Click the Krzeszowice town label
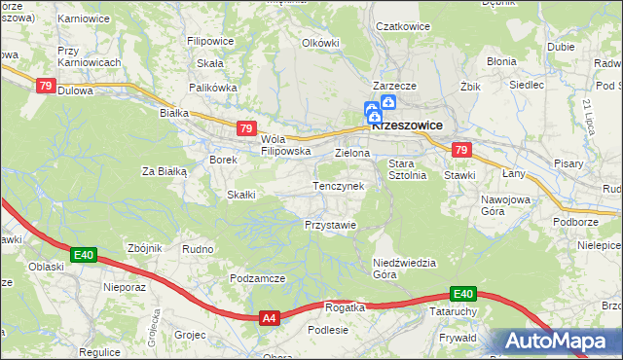[x=407, y=126]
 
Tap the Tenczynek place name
[x=338, y=186]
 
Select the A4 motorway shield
[x=270, y=317]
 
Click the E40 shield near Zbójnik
[x=84, y=256]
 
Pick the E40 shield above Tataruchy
[x=462, y=294]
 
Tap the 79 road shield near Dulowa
[x=46, y=86]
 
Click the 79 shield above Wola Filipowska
[x=246, y=127]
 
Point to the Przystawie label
[x=330, y=225]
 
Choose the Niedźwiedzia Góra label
[x=404, y=269]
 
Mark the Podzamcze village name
[x=257, y=278]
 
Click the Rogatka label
[x=345, y=307]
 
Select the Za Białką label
[x=164, y=171]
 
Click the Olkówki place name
[x=320, y=43]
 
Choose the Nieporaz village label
[x=124, y=288]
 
